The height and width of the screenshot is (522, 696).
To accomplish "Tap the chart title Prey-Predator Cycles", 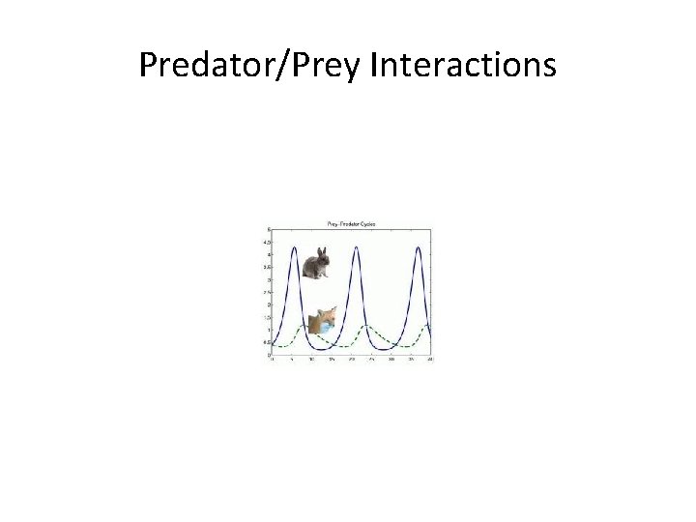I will pos(349,224).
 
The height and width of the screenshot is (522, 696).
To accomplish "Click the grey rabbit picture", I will pos(315,263).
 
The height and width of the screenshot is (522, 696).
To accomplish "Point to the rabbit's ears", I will pos(322,251).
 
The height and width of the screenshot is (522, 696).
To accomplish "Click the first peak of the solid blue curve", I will pos(293,247).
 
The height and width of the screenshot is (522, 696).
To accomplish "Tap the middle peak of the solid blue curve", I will pos(356,247).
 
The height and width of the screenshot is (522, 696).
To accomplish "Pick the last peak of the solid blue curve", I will pos(418,247).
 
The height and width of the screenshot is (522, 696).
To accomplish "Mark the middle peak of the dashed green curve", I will pos(367,327).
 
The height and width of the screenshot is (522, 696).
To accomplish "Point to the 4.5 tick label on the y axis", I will pos(268,242).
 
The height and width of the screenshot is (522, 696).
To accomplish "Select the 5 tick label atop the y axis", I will pos(269,229).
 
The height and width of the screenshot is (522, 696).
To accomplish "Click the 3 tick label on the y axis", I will pos(269,280).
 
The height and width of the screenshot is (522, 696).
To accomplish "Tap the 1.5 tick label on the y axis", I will pos(268,318).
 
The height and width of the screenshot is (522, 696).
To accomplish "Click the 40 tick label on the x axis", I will pos(430,360).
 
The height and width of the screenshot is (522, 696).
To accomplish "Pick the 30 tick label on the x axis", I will pos(391,360).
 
